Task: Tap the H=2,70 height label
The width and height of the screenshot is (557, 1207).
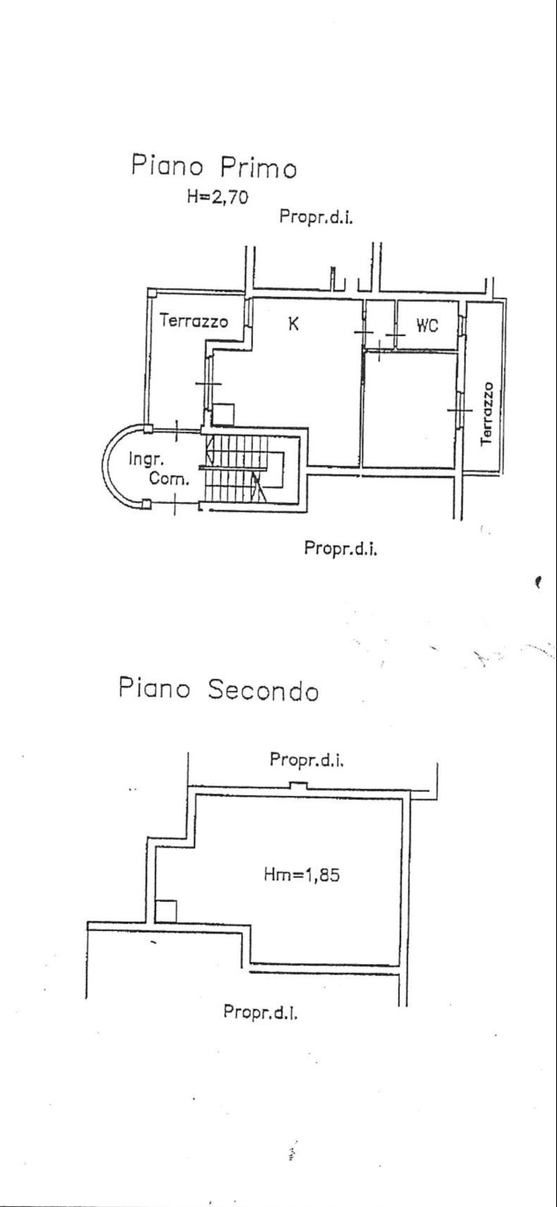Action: click(x=217, y=198)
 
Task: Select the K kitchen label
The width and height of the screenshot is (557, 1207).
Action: click(x=291, y=322)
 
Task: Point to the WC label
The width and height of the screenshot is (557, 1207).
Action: click(x=426, y=326)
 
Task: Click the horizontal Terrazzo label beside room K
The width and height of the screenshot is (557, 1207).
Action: click(x=193, y=321)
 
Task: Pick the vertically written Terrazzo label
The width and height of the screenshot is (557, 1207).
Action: click(x=488, y=414)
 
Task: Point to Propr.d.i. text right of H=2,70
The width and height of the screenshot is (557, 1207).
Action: click(x=316, y=217)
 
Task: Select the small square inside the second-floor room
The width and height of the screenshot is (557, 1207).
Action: click(x=165, y=911)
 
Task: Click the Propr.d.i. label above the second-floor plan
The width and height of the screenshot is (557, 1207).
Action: click(x=308, y=760)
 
